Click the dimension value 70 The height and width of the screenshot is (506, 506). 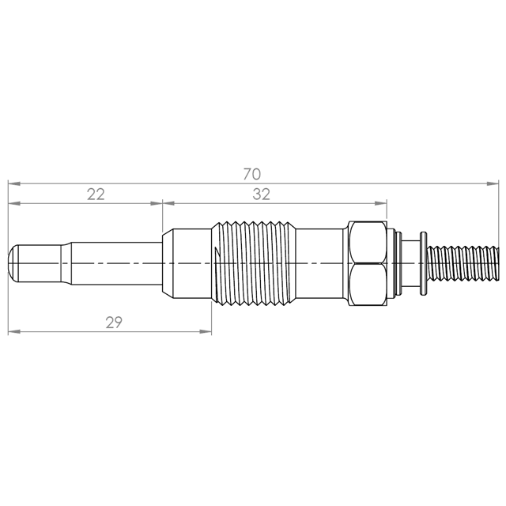point(251,174)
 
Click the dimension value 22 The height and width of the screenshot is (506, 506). point(96,194)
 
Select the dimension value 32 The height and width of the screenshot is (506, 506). point(261,194)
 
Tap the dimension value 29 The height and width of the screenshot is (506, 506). point(114,323)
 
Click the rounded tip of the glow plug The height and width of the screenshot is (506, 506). point(13,263)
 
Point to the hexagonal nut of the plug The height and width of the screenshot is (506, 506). point(368,263)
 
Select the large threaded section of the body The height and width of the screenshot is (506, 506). point(254,263)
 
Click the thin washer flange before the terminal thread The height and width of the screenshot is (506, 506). point(424,263)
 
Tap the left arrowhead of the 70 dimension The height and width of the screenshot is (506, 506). point(14,183)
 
